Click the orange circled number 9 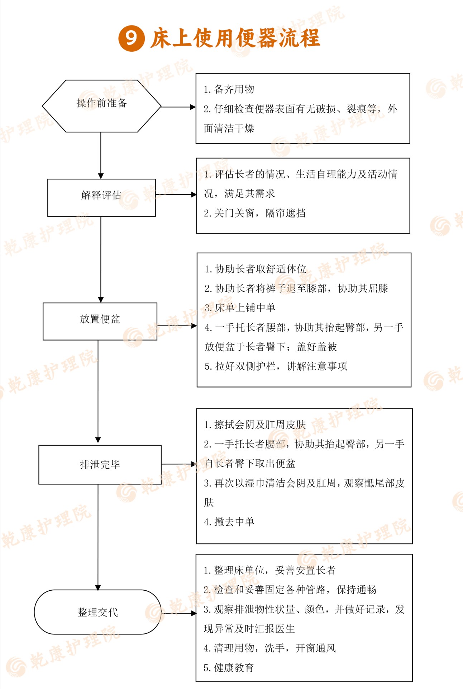click(x=131, y=38)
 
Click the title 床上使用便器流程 click(x=235, y=38)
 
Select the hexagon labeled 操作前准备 click(x=102, y=106)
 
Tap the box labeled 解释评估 click(x=101, y=198)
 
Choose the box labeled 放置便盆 click(x=100, y=321)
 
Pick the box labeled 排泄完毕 click(x=100, y=465)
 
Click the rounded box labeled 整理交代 click(x=98, y=612)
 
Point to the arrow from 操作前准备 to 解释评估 click(x=101, y=155)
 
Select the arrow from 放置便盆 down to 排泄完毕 click(x=98, y=392)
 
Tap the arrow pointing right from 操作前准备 click(x=178, y=107)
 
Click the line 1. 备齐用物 click(x=229, y=89)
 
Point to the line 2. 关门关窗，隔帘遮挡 click(x=255, y=213)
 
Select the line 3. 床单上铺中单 click(x=240, y=308)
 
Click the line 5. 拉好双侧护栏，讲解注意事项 click(x=276, y=366)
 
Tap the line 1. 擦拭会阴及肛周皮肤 click(x=255, y=425)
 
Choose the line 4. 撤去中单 click(x=229, y=522)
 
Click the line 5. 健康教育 click(x=229, y=667)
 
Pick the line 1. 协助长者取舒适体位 click(x=256, y=269)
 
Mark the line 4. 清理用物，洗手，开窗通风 click(x=269, y=648)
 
